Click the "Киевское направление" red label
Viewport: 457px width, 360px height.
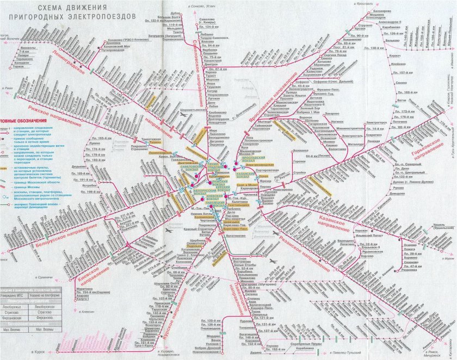tap(89, 270)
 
